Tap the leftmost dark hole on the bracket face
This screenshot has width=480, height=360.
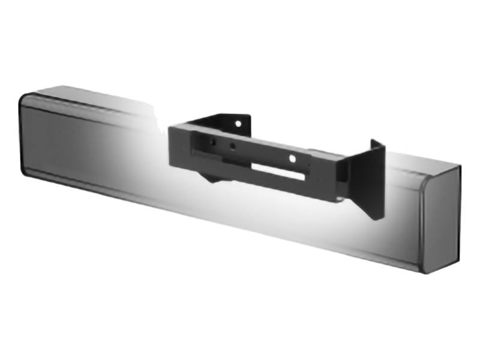point(211,142)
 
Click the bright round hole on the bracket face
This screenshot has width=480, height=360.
point(292,158)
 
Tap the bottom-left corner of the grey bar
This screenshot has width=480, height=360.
point(27,174)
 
